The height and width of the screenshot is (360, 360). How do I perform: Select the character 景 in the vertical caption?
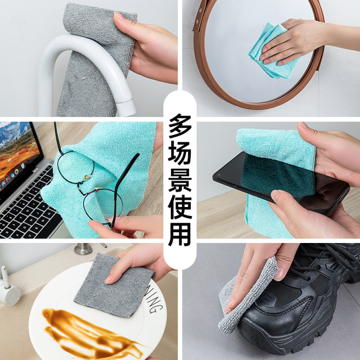pos(180,177)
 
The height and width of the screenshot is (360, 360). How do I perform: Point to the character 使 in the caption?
pos(180,204)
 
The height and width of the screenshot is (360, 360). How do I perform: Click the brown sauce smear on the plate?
pos(84,326)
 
